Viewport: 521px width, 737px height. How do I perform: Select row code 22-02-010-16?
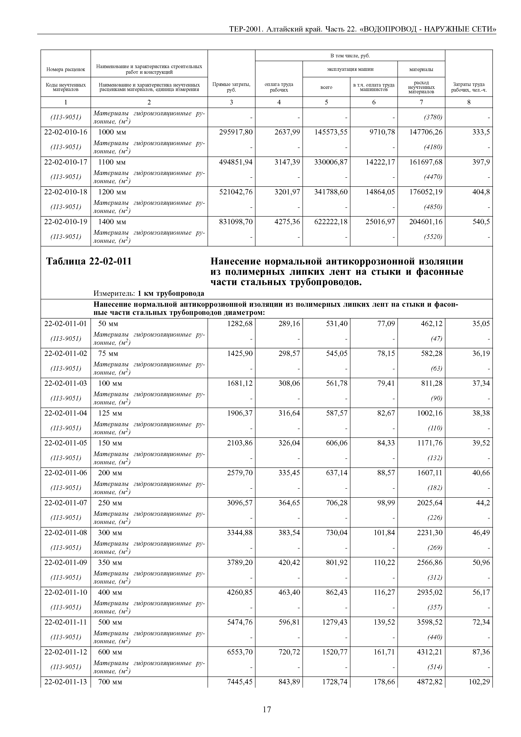pos(66,132)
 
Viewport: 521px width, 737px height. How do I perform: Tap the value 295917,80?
pos(236,132)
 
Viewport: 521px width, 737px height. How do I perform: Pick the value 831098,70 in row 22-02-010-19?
pos(236,221)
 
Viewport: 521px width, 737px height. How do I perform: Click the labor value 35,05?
pos(481,324)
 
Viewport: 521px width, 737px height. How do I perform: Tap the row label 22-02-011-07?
pos(66,503)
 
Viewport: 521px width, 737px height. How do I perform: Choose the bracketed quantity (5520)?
pos(433,237)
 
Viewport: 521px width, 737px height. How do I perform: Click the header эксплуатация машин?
pos(350,69)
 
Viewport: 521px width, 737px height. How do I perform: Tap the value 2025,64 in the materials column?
pos(430,503)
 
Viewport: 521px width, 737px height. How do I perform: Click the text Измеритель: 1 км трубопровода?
pos(149,293)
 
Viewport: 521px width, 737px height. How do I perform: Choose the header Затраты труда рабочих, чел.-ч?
pos(469,87)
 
